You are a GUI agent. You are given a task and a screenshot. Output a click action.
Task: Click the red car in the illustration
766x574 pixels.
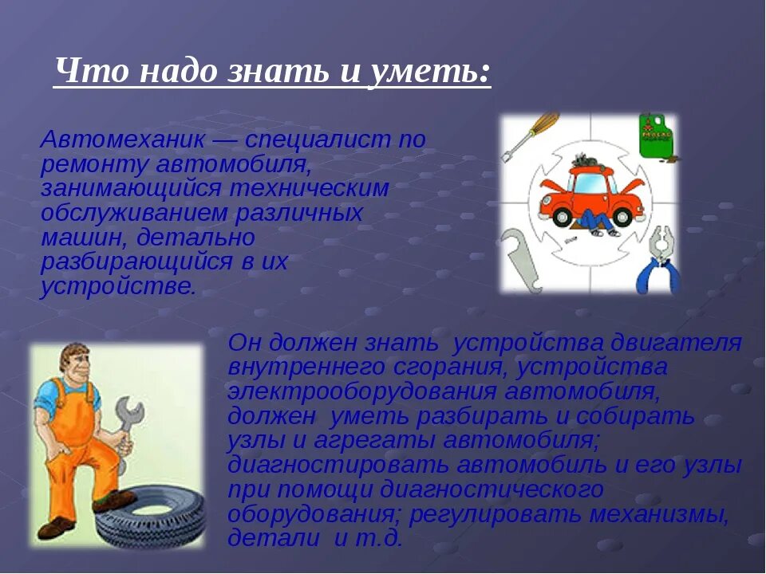pyautogui.click(x=590, y=195)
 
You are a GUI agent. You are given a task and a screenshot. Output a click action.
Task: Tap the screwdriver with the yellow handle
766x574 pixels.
pyautogui.click(x=527, y=136)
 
